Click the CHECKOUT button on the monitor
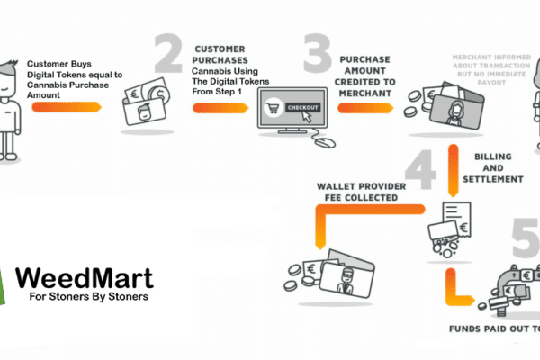301,107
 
